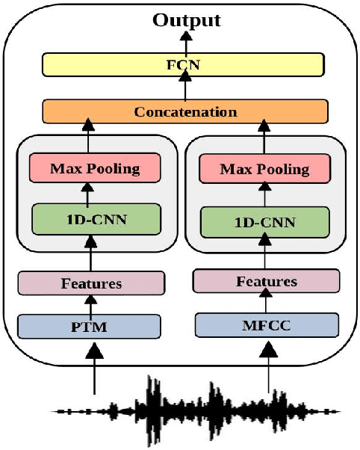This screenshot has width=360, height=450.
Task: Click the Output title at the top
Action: tap(187, 19)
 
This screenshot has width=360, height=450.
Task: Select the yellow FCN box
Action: tap(184, 65)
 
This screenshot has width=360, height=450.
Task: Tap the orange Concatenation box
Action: tap(185, 112)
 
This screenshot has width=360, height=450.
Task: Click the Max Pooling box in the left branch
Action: tap(95, 168)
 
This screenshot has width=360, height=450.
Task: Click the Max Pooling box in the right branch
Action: tap(264, 170)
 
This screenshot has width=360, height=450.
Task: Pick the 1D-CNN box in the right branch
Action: tap(264, 222)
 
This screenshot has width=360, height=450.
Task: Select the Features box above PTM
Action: tap(91, 283)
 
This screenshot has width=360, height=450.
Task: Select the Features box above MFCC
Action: tap(266, 281)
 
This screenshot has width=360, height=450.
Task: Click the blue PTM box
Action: tap(90, 326)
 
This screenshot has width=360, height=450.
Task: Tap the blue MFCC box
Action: tap(267, 325)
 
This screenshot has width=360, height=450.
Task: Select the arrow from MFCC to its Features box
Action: tap(267, 303)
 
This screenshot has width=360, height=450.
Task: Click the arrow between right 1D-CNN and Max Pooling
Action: tap(264, 196)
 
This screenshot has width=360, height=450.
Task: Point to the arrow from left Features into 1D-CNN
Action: tap(91, 253)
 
